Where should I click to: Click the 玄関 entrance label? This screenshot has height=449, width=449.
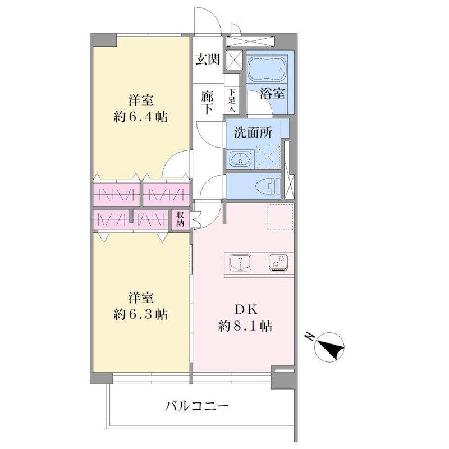[x=208, y=59]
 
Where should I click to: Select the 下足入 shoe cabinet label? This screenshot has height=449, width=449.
[x=231, y=100]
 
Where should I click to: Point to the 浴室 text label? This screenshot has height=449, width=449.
[x=272, y=93]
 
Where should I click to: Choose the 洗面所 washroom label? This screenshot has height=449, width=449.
[x=253, y=132]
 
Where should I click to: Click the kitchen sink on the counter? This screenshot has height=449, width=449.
[x=241, y=263]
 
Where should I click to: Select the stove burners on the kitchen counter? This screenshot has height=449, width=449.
[x=278, y=263]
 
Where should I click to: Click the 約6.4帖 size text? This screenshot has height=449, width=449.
[x=141, y=117]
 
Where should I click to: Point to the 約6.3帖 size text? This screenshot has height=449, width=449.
[x=141, y=314]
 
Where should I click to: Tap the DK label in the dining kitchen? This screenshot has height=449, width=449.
[x=246, y=309]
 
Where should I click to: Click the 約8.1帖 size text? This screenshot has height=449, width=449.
[x=245, y=326]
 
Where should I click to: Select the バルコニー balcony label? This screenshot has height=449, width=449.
[x=198, y=406]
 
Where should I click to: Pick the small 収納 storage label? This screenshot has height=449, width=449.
[x=180, y=219]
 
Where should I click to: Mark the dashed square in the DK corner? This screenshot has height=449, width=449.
[x=280, y=217]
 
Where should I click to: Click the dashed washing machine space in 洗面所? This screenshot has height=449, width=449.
[x=268, y=157]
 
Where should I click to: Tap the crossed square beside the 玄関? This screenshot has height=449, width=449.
[x=234, y=60]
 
